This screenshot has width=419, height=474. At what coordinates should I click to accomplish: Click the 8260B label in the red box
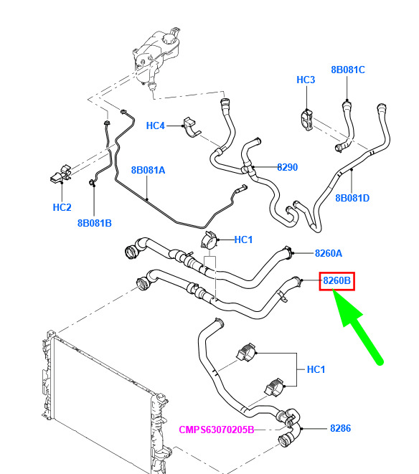tap(336, 281)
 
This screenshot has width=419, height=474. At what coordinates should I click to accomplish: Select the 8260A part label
tap(329, 253)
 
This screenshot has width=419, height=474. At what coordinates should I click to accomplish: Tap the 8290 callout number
tap(288, 167)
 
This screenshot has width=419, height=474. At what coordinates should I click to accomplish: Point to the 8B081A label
tap(148, 170)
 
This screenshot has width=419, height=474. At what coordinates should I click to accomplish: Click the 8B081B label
tap(95, 223)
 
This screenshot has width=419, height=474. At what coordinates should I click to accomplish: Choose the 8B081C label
tap(348, 70)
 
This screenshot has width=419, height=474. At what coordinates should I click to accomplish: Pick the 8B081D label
tap(352, 198)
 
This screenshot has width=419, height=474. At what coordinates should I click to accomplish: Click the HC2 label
tap(62, 207)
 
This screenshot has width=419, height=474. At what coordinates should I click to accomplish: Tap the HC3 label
tap(306, 80)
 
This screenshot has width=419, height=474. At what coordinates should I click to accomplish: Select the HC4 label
tap(156, 125)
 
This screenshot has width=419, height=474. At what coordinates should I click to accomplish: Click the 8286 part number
tap(340, 428)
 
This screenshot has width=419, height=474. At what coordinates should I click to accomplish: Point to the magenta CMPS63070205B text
tap(216, 430)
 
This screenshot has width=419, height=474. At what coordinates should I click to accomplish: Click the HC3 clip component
tap(308, 120)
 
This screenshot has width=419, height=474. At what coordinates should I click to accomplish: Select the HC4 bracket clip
tap(191, 127)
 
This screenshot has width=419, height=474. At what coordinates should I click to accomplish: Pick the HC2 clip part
tap(60, 174)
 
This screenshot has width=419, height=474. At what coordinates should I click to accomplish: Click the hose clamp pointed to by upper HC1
tap(209, 241)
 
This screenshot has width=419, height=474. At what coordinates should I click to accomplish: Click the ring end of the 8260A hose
tap(131, 252)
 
